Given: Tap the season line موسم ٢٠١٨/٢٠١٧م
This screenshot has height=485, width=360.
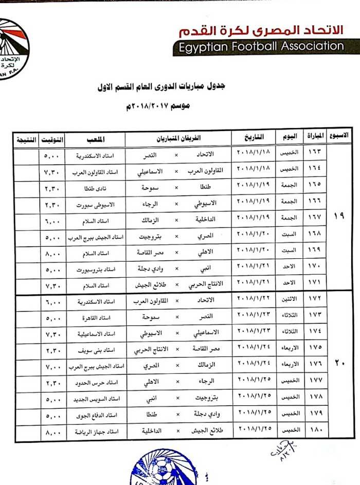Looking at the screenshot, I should (x=158, y=106).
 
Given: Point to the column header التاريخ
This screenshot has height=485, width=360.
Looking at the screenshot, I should (x=255, y=138).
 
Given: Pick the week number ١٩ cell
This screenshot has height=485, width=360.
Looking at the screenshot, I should (x=339, y=216).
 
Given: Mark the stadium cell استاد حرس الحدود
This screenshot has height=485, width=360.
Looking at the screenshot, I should (x=96, y=384).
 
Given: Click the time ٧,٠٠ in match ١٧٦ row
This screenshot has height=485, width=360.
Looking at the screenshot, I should (x=53, y=368).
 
